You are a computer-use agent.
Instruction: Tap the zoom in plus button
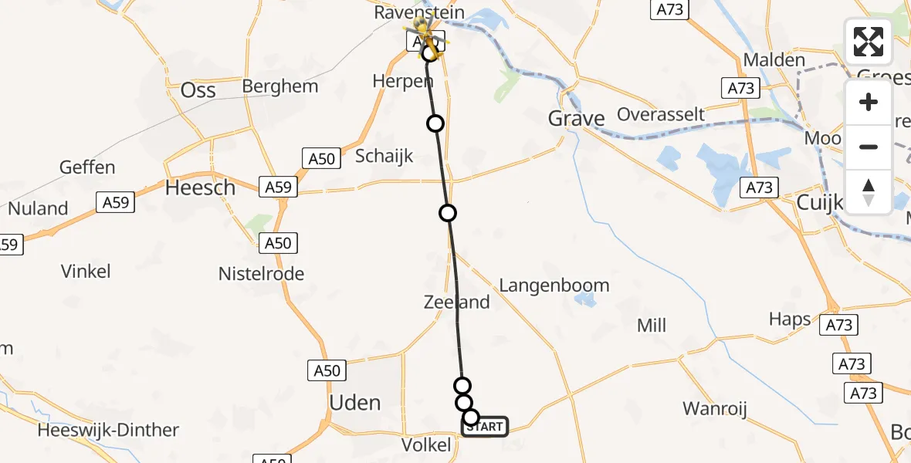tap(869, 102)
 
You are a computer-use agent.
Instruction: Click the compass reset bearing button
tap(869, 191)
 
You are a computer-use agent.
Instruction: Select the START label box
tap(486, 426)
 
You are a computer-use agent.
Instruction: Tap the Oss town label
tap(198, 90)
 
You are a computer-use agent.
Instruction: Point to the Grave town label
tap(576, 118)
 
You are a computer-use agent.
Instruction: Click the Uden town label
tap(354, 403)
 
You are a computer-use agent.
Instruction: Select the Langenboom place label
tap(554, 286)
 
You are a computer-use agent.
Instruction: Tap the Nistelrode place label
tap(261, 274)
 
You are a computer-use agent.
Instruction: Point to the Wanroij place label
tap(715, 409)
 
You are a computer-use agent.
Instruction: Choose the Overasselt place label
tap(661, 115)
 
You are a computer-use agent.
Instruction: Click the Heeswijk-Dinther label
tap(113, 430)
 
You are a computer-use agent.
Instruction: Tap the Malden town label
tap(774, 60)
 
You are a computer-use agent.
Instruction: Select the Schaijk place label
tap(384, 156)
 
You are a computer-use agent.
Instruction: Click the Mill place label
tap(652, 326)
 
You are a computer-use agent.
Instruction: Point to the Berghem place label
tap(279, 86)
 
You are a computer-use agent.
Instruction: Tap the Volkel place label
tap(426, 445)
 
